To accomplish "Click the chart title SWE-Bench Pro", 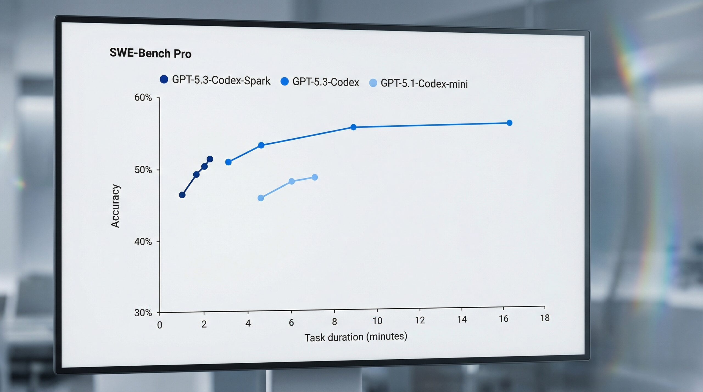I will pyautogui.click(x=150, y=53).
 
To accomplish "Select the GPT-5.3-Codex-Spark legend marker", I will pyautogui.click(x=164, y=79).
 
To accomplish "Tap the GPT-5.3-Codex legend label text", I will pyautogui.click(x=325, y=82).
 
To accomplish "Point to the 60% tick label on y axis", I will pyautogui.click(x=143, y=97).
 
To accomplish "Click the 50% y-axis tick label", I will pyautogui.click(x=143, y=170).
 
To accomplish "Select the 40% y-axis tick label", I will pyautogui.click(x=143, y=242).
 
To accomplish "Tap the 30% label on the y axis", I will pyautogui.click(x=143, y=313).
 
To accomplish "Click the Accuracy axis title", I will pyautogui.click(x=115, y=206).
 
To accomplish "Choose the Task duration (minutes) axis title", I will pyautogui.click(x=356, y=337).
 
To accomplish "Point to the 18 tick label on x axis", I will pyautogui.click(x=545, y=318).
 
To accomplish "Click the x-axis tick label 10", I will pyautogui.click(x=377, y=321).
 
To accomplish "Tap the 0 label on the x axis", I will pyautogui.click(x=160, y=325).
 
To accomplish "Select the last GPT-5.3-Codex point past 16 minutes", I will pyautogui.click(x=509, y=123).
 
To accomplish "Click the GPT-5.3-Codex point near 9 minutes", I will pyautogui.click(x=353, y=127).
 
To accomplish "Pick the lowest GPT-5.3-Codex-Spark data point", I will pyautogui.click(x=182, y=195).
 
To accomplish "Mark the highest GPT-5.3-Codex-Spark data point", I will pyautogui.click(x=210, y=159).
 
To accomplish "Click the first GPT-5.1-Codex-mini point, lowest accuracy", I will pyautogui.click(x=261, y=198).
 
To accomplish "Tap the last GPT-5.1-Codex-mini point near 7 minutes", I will pyautogui.click(x=315, y=177).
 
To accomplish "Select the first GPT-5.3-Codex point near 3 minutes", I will pyautogui.click(x=228, y=162).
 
